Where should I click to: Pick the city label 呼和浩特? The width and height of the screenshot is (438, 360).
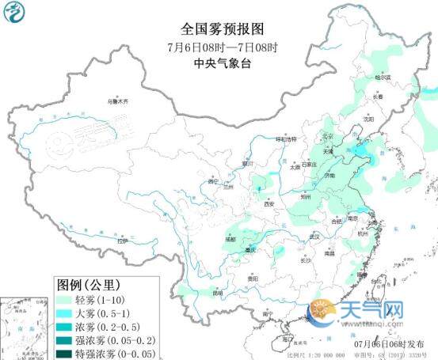point(285,139)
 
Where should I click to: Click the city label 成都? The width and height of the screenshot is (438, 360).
point(229,237)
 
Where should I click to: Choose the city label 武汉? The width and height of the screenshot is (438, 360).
point(314,236)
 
